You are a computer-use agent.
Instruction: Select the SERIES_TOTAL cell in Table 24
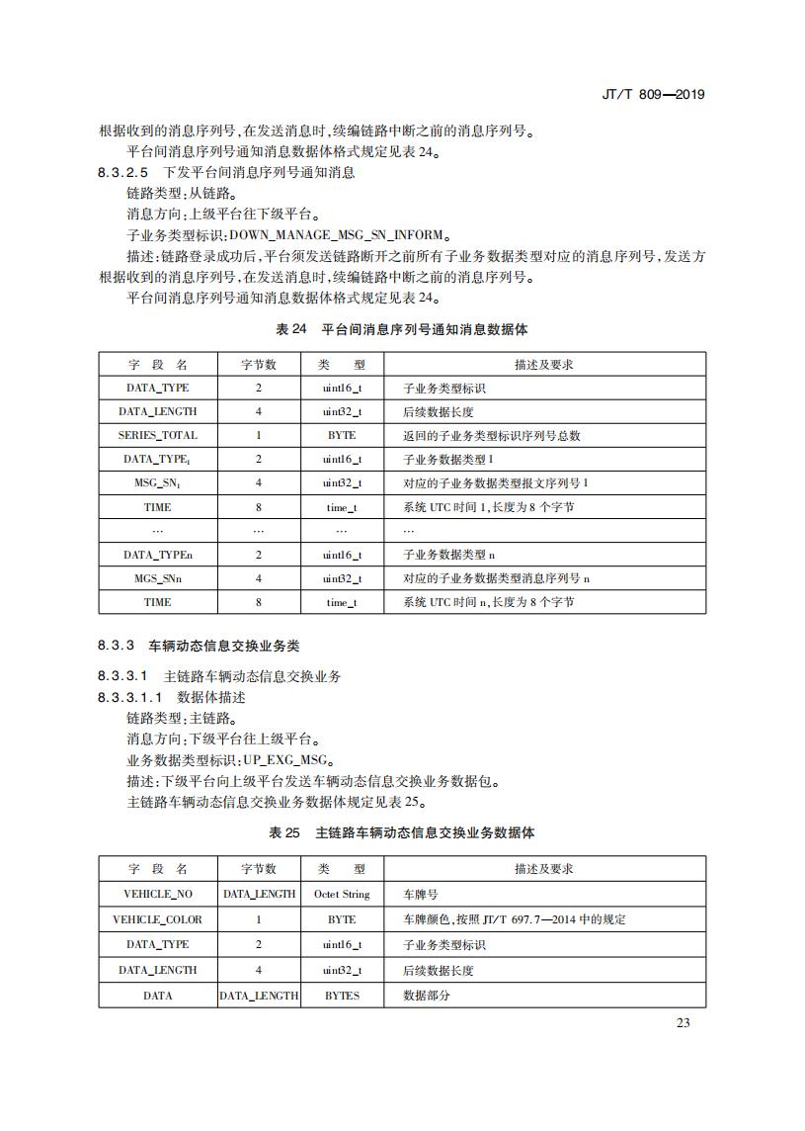[x=157, y=435]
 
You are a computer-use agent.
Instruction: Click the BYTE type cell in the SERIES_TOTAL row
[x=342, y=435]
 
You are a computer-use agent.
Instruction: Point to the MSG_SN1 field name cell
[x=157, y=482]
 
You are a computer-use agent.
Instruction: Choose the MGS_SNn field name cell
[x=157, y=578]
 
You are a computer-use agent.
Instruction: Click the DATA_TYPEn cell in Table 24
[x=157, y=555]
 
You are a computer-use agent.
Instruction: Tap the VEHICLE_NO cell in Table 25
[x=157, y=894]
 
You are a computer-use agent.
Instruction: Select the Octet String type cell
[x=342, y=894]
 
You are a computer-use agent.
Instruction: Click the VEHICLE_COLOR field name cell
[x=157, y=919]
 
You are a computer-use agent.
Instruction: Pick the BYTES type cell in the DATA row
[x=342, y=996]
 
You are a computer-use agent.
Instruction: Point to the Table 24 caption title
[x=402, y=329]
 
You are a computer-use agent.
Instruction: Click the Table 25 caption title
[x=402, y=833]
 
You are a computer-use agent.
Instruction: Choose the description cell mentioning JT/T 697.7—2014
[x=515, y=919]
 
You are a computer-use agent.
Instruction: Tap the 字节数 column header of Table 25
[x=259, y=869]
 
